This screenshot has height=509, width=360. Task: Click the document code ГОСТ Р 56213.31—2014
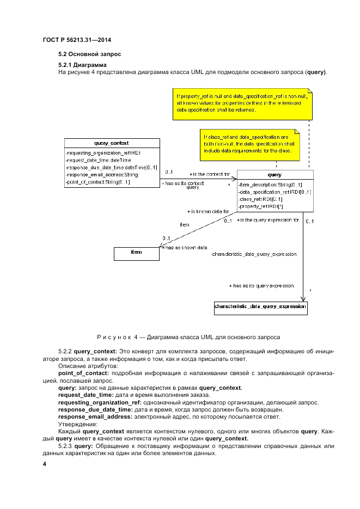coord(81,41)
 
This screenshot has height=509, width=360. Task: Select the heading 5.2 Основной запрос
coord(90,54)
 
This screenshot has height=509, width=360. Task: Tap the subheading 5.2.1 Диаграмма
coord(82,65)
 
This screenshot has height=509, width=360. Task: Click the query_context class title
coord(111,143)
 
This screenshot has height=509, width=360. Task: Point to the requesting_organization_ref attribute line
coord(103,154)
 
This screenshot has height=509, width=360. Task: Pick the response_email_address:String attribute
coord(101,175)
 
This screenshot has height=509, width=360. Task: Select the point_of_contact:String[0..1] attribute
coord(97,182)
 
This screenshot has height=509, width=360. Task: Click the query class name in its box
coord(275,175)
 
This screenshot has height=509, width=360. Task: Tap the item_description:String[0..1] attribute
coord(270,185)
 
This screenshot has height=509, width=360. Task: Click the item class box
coord(136,253)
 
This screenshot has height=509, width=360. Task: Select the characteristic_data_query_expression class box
coord(260,308)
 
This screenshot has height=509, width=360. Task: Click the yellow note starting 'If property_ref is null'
coord(242,102)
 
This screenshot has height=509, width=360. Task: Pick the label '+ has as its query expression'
coord(262,285)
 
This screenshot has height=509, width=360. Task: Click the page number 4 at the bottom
coord(45,464)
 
